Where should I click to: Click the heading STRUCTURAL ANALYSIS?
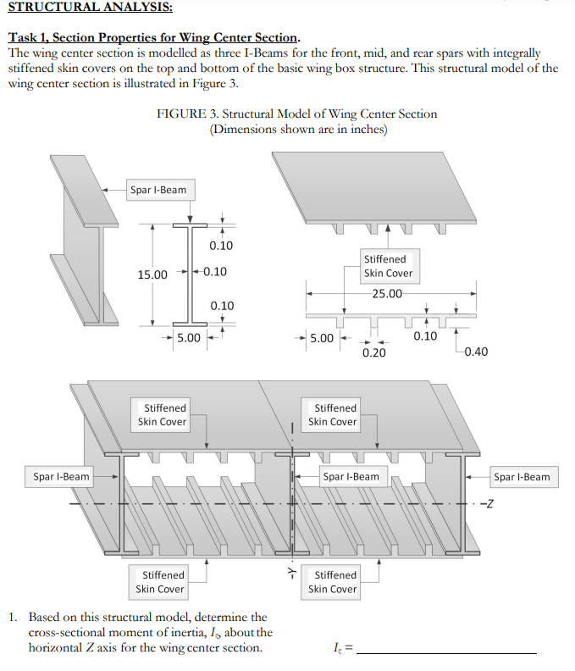[90, 8]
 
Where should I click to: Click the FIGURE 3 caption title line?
[297, 114]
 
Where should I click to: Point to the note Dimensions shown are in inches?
[298, 129]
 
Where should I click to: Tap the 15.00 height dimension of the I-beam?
[152, 274]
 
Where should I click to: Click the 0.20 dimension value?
[373, 352]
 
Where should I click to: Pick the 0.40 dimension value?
[477, 352]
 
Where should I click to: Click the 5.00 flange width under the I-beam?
[187, 338]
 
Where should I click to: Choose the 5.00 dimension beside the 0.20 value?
[322, 338]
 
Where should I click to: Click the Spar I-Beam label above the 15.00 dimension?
[158, 190]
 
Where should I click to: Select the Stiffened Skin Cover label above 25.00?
[384, 266]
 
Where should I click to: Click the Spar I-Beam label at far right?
[522, 477]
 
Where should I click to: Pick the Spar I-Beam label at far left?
[61, 477]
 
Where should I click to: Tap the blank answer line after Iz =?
[446, 651]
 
